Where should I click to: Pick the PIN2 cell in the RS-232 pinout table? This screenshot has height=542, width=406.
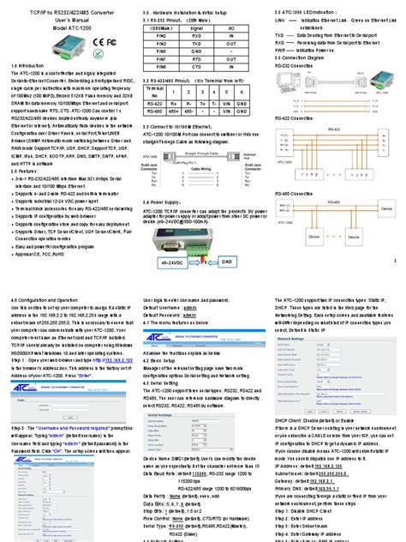161,37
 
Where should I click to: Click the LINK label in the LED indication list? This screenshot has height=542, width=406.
280,19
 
